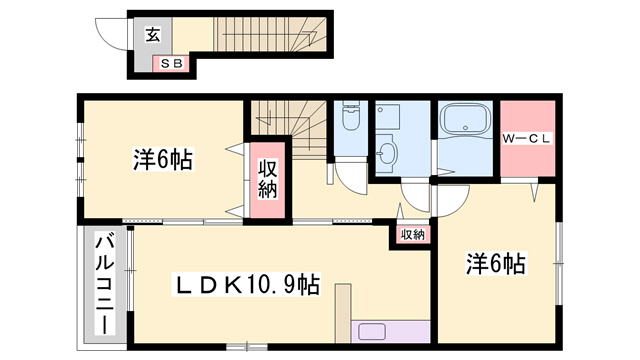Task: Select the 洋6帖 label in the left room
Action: (x=162, y=159)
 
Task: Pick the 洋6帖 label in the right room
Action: (x=495, y=264)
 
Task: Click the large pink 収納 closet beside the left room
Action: (x=269, y=179)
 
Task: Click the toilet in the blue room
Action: (x=350, y=120)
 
